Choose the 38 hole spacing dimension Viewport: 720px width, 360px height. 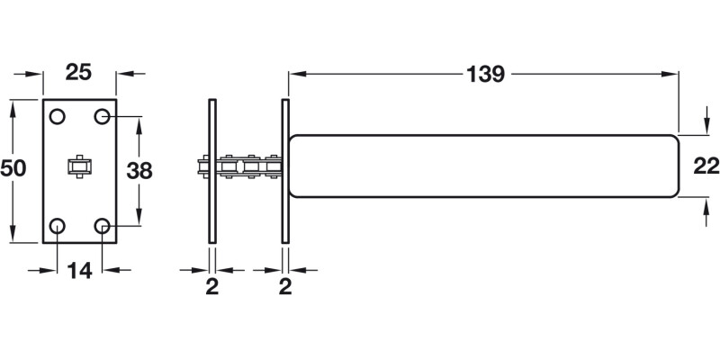click(138, 169)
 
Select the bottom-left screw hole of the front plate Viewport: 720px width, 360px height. click(58, 225)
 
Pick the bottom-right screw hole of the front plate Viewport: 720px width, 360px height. click(103, 225)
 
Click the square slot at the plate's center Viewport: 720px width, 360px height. click(80, 167)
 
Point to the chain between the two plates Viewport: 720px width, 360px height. click(247, 166)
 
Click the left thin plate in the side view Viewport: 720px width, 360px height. click(212, 169)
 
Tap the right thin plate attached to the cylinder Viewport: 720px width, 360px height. click(285, 169)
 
